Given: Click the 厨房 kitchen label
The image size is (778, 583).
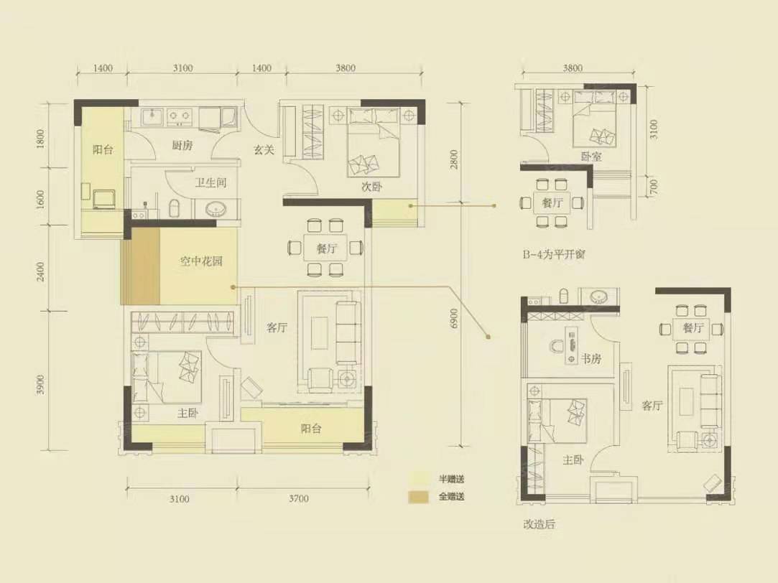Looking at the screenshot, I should tap(182, 145).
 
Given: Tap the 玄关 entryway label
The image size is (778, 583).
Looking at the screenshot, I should tap(262, 150).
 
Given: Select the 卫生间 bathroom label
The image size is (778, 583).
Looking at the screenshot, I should tap(210, 183).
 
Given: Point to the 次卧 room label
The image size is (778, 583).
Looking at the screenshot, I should tap(371, 187).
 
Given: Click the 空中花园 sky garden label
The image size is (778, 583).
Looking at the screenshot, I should tap(200, 261).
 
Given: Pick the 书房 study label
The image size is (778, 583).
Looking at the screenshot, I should tap(591, 358).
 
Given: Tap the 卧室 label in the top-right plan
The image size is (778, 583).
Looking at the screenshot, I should tap(591, 156).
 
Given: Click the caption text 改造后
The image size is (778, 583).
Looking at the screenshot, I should tap(539, 525).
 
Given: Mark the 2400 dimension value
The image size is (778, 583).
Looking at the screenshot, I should tap(41, 271).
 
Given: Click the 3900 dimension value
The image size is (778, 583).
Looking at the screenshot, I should tap(41, 385).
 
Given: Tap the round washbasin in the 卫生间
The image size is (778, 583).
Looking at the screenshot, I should tap(216, 209).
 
